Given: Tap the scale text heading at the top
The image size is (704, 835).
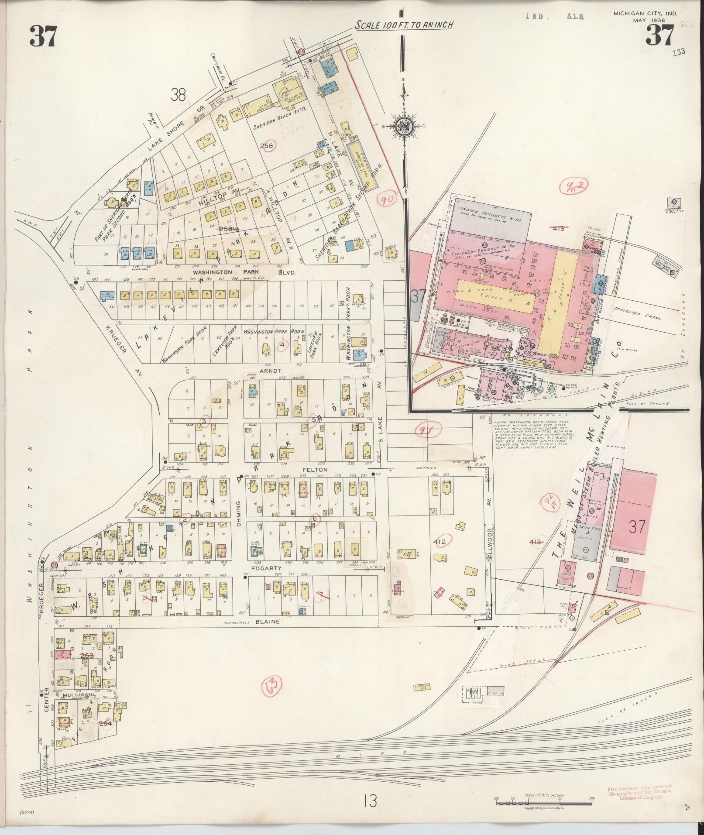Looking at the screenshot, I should coord(403,25).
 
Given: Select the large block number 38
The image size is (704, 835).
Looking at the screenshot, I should coord(178,95).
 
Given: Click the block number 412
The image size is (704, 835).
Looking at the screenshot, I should coord(440,542).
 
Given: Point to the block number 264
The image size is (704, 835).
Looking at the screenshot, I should coord(106,723).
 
